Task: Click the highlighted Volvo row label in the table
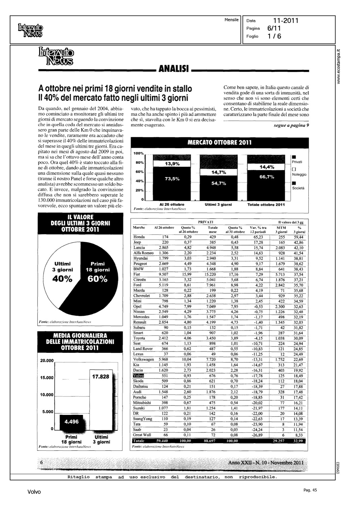(138, 375)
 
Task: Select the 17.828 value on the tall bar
(101, 376)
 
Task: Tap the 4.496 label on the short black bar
(72, 422)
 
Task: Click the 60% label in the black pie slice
(98, 279)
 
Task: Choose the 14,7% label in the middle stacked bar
(218, 173)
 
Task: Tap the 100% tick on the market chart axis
(139, 153)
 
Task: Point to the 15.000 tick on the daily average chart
(47, 378)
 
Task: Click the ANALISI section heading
(173, 69)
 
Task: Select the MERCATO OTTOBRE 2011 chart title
(220, 142)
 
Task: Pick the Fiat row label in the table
(137, 274)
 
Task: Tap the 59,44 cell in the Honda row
(299, 237)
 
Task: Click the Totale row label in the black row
(139, 441)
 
